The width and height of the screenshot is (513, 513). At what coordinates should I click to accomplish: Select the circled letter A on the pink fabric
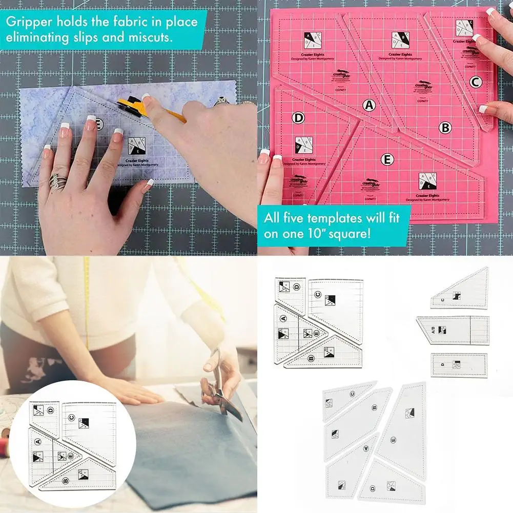click(368, 106)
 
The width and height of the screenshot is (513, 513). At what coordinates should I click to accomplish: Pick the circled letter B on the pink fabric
click(445, 128)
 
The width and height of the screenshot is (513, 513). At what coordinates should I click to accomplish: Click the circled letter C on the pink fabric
click(475, 81)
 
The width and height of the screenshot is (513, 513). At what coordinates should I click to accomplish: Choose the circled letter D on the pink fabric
click(298, 118)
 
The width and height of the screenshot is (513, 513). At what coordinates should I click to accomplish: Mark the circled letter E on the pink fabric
click(387, 159)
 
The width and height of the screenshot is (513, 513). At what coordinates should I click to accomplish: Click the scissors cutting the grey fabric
click(220, 389)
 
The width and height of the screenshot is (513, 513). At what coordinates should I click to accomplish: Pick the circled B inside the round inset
click(66, 481)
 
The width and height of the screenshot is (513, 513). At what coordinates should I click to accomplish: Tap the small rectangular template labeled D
click(459, 365)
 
